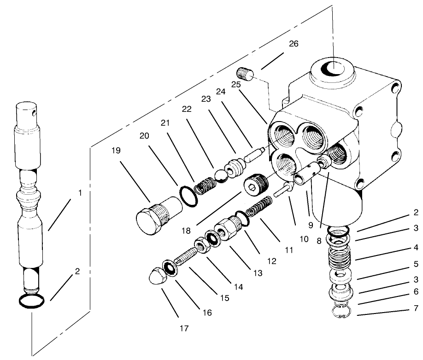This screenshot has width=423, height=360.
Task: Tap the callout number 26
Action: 294,44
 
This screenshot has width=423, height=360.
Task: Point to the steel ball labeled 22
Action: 218,175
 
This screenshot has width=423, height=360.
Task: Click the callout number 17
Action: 184,329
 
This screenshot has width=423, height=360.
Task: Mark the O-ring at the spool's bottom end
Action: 32,302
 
